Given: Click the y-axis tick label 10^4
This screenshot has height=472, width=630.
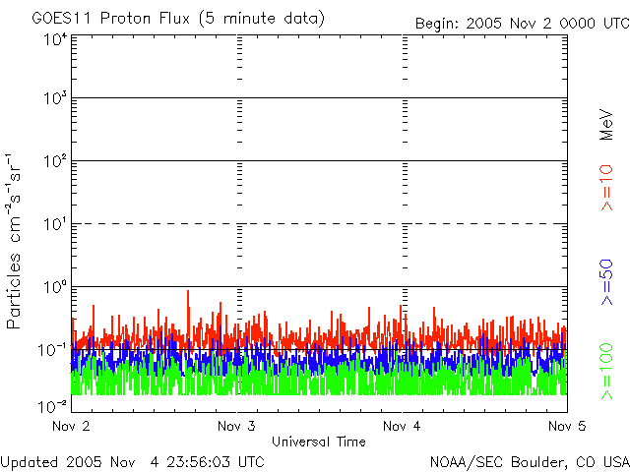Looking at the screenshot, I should click(55, 39).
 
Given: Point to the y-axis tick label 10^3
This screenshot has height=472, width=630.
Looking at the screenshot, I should click(55, 100).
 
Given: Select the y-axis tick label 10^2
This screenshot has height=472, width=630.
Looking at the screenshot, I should click(55, 163).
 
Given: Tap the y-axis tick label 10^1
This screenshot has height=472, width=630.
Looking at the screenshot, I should click(55, 225).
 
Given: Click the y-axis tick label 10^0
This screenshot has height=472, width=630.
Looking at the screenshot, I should click(55, 288).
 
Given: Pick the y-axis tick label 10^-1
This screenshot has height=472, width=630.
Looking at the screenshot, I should click(53, 350).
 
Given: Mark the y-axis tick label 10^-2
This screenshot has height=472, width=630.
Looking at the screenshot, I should click(53, 405).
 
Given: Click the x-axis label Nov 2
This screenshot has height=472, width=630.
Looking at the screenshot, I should click(71, 427).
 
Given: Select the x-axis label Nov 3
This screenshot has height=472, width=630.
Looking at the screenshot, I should click(236, 427).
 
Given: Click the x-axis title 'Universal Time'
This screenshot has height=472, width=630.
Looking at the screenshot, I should click(319, 442).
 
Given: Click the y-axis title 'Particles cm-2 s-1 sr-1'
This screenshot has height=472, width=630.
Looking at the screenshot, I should click(15, 241).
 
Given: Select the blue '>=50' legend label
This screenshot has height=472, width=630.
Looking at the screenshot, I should click(606, 280).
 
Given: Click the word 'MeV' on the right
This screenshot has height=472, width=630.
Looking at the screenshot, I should click(606, 123).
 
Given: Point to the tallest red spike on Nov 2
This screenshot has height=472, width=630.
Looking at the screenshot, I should click(187, 291).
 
